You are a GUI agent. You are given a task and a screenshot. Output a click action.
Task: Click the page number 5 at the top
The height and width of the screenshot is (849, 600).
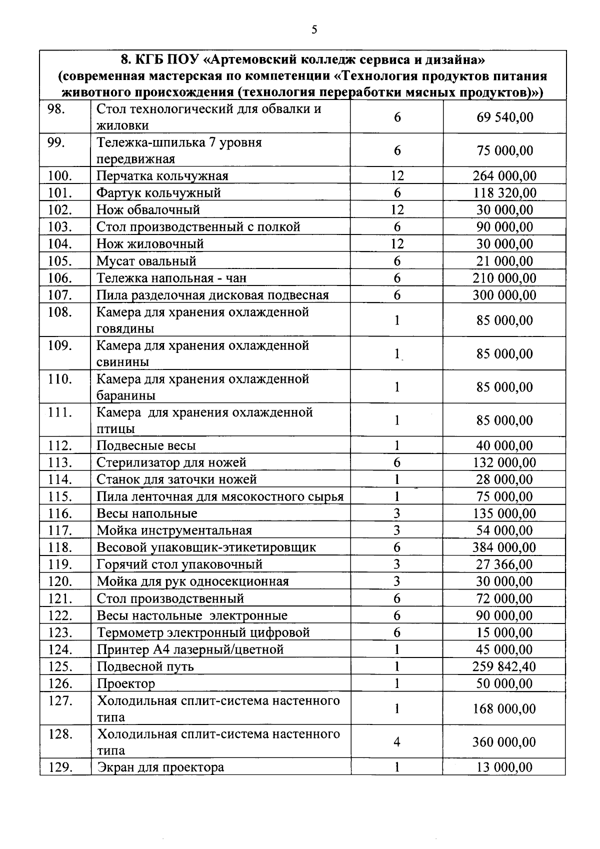point(314,29)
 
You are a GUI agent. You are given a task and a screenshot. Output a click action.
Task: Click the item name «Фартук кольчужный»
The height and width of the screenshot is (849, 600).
point(158,193)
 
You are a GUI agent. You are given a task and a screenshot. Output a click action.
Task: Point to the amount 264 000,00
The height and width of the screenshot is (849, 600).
point(504,176)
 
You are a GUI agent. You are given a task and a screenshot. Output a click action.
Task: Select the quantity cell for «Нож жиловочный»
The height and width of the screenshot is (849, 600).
point(397,244)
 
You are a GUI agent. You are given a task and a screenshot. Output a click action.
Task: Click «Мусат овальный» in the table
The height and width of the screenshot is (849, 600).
point(146,261)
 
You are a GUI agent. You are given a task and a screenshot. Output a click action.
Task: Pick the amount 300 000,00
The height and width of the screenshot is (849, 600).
point(504,295)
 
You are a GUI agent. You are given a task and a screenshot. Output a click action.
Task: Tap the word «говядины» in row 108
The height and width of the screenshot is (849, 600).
point(125,329)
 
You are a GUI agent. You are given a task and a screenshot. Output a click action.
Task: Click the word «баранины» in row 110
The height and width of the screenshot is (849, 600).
point(125,395)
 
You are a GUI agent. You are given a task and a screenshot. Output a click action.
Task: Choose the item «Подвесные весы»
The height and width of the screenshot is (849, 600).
point(146,445)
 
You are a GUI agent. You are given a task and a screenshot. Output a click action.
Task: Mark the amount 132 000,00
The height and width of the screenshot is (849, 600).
point(504,462)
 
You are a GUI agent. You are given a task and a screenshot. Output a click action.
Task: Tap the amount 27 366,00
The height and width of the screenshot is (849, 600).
point(504,564)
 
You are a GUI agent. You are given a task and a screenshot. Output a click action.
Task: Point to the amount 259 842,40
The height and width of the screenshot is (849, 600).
point(504,666)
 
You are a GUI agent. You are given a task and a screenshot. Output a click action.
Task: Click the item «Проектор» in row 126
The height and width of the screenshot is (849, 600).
point(126,683)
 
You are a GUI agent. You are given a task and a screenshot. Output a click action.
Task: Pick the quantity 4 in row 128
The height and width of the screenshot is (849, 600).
point(397,742)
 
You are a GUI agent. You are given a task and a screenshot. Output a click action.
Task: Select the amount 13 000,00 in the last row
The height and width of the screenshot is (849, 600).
point(504,767)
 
